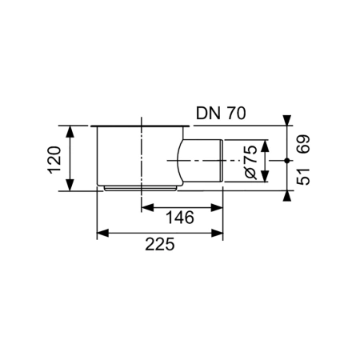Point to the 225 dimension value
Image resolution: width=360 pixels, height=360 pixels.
coord(160,246)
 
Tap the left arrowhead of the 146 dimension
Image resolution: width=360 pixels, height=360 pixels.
coord(147,207)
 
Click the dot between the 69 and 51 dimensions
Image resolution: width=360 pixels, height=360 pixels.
coord(286,161)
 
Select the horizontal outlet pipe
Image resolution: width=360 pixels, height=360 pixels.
coord(204,161)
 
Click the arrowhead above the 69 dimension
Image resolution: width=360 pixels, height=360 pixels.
coord(286,121)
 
